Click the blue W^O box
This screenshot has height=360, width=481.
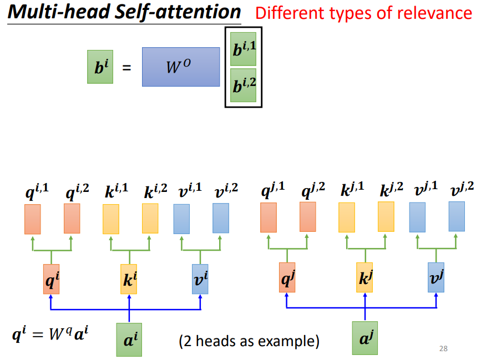click(181, 67)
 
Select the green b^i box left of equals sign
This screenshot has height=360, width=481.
click(100, 67)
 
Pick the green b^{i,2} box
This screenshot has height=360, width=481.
click(243, 85)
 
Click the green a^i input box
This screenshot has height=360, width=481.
click(129, 338)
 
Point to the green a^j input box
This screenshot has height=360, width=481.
click(364, 338)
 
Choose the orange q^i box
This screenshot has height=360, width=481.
click(51, 279)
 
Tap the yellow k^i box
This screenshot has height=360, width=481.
click(129, 279)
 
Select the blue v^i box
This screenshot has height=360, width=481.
click(200, 279)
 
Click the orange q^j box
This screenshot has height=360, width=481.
click(287, 277)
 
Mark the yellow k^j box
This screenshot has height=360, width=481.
click(364, 277)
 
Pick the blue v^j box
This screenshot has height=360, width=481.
click(436, 277)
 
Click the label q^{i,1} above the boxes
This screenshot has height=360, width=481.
click(37, 192)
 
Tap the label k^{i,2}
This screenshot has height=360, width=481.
click(155, 192)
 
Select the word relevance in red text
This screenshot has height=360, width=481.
click(437, 13)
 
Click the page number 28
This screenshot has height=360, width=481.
click(443, 348)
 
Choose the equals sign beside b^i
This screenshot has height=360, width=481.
click(127, 68)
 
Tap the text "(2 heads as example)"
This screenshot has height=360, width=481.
click(249, 340)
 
